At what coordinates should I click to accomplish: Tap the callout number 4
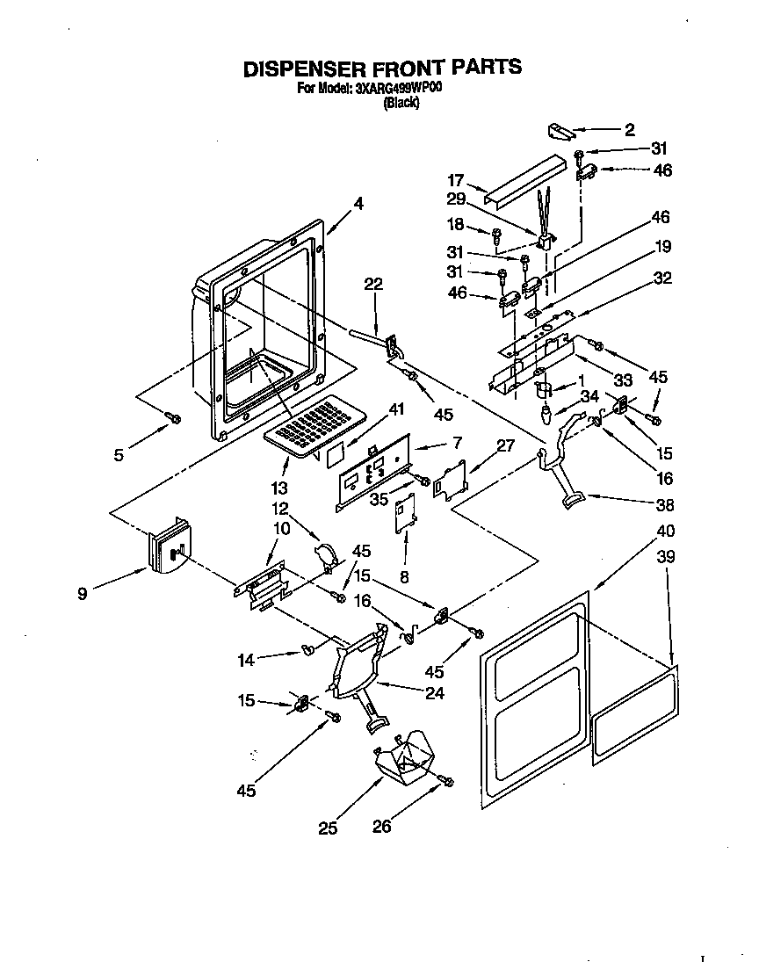(x=358, y=204)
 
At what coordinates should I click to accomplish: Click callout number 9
(x=83, y=595)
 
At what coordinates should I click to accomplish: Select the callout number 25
(x=328, y=827)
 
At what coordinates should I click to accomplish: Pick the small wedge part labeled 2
(x=558, y=131)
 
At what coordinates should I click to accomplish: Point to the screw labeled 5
(x=174, y=416)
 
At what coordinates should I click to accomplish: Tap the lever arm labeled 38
(x=562, y=474)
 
